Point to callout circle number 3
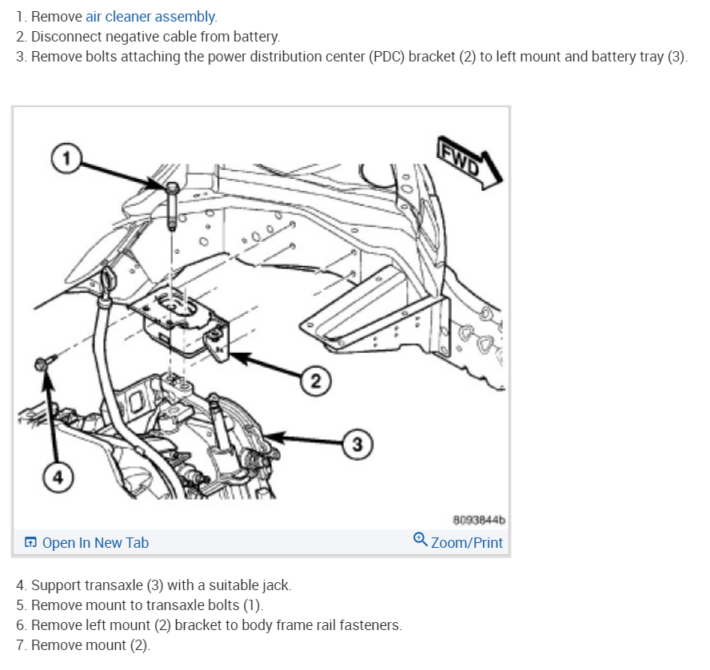click(x=358, y=445)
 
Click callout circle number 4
click(x=55, y=478)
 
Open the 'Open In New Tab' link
click(x=94, y=543)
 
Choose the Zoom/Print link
click(x=466, y=543)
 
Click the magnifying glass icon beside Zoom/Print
click(x=420, y=540)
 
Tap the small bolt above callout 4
click(x=43, y=364)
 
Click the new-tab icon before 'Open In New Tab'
click(x=30, y=543)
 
